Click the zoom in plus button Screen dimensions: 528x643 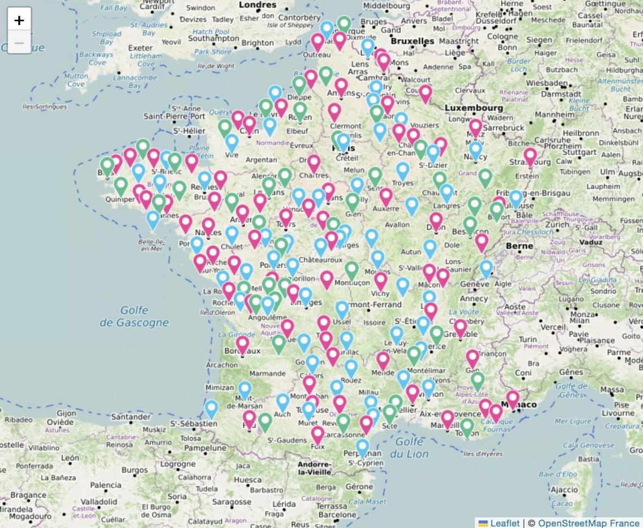(x=19, y=20)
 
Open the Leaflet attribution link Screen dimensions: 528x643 (x=504, y=523)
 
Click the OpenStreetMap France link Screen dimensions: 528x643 (x=588, y=523)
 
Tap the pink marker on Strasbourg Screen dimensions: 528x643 (x=530, y=156)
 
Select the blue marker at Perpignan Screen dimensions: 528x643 (x=363, y=447)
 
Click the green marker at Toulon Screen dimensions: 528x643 (x=467, y=427)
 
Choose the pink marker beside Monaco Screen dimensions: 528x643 (x=513, y=398)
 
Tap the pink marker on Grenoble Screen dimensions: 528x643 (x=460, y=327)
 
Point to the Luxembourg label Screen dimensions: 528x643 (x=474, y=108)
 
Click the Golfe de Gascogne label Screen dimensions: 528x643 (x=134, y=316)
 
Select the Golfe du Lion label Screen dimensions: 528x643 (x=410, y=448)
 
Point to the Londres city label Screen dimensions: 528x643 (x=257, y=5)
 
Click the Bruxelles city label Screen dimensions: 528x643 (x=412, y=41)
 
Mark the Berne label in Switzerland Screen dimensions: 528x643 (x=519, y=246)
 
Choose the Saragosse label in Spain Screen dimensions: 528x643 (x=231, y=502)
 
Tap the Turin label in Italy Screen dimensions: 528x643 (x=528, y=339)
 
